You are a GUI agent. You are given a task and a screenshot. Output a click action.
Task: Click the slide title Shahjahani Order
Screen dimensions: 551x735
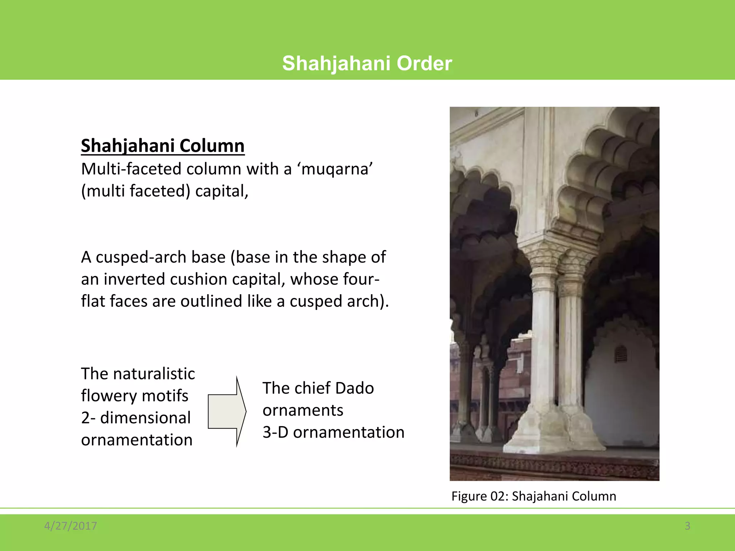367,63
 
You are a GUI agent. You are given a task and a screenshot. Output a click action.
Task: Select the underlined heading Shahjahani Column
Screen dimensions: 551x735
163,146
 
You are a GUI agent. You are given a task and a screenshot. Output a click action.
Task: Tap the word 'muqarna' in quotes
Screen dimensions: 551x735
334,169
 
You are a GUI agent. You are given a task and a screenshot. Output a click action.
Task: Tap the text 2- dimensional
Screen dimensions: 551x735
136,418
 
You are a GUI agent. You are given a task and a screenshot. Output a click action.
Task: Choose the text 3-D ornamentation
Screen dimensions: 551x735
333,432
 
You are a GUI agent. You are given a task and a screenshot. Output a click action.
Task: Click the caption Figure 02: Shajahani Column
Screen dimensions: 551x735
534,496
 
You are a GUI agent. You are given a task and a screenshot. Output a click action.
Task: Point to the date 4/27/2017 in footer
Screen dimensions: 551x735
70,526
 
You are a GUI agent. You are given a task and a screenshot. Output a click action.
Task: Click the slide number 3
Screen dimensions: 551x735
687,526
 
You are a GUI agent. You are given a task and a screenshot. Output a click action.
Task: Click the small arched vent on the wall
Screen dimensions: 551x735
621,354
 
